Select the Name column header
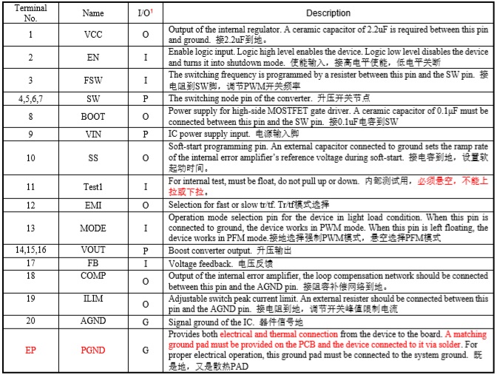point(92,13)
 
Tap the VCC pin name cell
point(92,34)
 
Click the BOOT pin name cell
point(92,116)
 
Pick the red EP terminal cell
point(30,348)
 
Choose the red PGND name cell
point(92,348)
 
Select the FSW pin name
point(92,80)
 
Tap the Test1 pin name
point(92,186)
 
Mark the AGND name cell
point(92,322)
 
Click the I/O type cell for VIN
point(145,134)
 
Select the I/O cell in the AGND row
point(145,322)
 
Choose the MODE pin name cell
point(92,229)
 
